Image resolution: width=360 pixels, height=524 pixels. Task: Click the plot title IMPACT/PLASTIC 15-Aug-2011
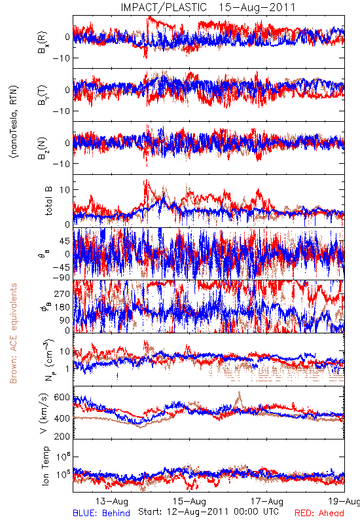click(x=208, y=7)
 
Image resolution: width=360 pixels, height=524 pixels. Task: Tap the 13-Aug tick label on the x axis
click(x=111, y=501)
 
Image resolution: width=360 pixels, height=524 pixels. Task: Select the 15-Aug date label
click(x=189, y=501)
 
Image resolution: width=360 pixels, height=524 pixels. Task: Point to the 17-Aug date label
click(x=267, y=501)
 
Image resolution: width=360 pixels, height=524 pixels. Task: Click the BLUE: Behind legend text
click(x=101, y=513)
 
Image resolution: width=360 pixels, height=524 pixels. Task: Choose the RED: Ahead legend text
click(x=319, y=513)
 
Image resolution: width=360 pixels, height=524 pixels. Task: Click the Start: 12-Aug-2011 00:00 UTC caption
click(x=208, y=512)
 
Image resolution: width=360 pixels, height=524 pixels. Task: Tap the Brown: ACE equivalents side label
click(x=13, y=333)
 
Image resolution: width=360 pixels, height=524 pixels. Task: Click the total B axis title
click(x=48, y=200)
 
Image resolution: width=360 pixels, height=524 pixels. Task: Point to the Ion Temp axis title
click(x=45, y=466)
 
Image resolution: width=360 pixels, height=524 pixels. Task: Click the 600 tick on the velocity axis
click(x=62, y=397)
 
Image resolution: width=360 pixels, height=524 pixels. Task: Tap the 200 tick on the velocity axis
click(x=62, y=436)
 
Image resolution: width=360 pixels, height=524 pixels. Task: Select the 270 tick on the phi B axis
click(x=62, y=293)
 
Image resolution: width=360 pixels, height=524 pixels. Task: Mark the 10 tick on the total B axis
click(x=65, y=190)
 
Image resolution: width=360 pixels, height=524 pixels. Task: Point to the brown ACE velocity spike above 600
click(x=239, y=398)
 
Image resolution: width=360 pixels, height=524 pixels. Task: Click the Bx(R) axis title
click(x=42, y=43)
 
